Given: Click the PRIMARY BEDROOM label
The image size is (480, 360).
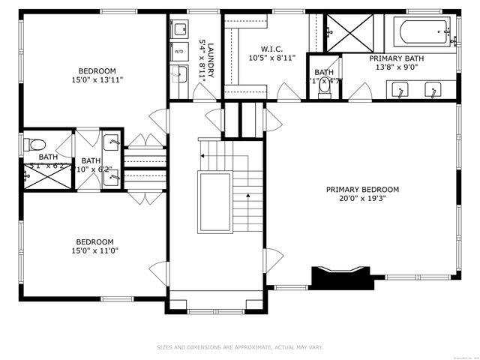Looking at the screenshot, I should [x=362, y=189].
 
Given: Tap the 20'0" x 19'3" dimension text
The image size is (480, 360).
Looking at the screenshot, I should [x=362, y=199].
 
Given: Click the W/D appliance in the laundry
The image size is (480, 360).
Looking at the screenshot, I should [x=178, y=51].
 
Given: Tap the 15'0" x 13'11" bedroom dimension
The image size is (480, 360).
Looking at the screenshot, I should [x=97, y=79].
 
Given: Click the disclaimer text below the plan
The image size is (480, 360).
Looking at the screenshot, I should [x=239, y=347].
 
